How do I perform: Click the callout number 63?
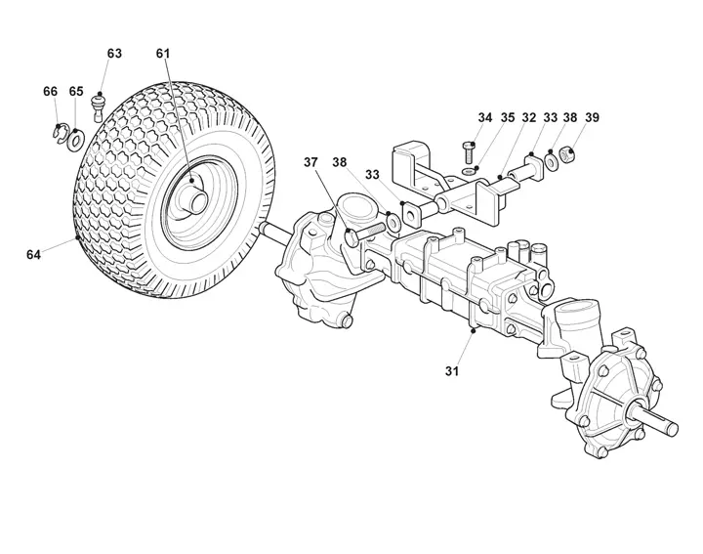coord(114,53)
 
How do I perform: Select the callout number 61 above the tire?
coord(163,53)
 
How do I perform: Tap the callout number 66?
coord(50,91)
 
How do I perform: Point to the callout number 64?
coord(33,255)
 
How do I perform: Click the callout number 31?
coord(452,371)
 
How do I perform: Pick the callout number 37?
coord(310,162)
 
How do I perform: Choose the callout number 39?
coord(592,117)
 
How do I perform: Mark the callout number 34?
coord(484,117)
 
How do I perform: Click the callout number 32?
coord(529,117)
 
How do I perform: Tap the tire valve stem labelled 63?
coord(99,107)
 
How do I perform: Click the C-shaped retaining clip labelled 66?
coord(60,134)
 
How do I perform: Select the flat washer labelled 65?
coord(76,140)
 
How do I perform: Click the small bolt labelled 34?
coord(469,152)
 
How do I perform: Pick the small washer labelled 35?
coord(470,171)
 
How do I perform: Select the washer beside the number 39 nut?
coord(552,161)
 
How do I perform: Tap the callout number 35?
coord(508,117)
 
